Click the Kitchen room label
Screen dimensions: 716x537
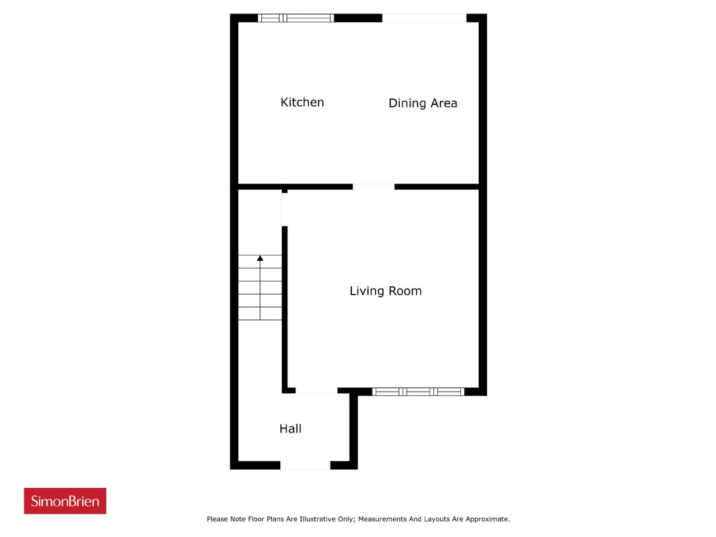(x=302, y=102)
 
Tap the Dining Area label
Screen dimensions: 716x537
(x=423, y=103)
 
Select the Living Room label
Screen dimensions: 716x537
(x=385, y=291)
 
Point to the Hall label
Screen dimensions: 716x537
(x=290, y=428)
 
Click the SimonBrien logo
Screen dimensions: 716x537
(x=65, y=501)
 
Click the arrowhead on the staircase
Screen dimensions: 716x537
(x=260, y=258)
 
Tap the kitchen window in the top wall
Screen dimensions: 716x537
(x=296, y=18)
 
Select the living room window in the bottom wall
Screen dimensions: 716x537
(x=418, y=392)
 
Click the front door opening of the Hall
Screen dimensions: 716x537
(x=305, y=465)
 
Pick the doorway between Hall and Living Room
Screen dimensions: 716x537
(x=317, y=390)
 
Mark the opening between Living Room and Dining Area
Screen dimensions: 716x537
(x=374, y=186)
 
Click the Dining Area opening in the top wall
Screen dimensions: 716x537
(x=424, y=18)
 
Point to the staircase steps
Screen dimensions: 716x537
(x=260, y=288)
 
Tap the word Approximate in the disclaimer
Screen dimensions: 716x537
(x=487, y=519)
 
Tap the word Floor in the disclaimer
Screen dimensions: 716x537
(x=256, y=519)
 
